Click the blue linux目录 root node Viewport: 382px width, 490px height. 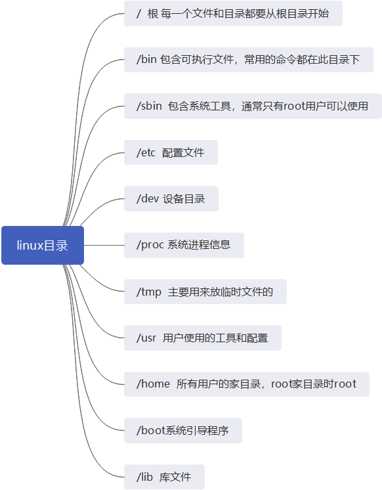(x=43, y=245)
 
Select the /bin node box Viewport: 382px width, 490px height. (x=248, y=60)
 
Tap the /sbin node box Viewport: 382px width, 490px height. (x=253, y=106)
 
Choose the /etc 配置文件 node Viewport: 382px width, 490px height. (x=171, y=152)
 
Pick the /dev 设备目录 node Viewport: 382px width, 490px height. (x=171, y=198)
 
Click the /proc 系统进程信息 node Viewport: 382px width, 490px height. (x=184, y=245)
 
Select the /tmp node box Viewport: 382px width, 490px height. (x=205, y=291)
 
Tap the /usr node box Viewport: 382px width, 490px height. (x=202, y=338)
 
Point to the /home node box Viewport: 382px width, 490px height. (x=246, y=384)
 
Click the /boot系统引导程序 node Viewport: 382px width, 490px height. (x=182, y=430)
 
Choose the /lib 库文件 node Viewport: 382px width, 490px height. (x=164, y=476)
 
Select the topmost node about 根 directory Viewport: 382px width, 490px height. (x=233, y=13)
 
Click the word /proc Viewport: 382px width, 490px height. (x=150, y=245)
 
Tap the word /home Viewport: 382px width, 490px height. (x=153, y=384)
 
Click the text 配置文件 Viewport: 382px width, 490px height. (x=183, y=152)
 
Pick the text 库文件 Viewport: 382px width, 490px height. (x=175, y=476)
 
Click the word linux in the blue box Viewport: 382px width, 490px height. (x=30, y=245)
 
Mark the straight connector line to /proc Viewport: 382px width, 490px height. (x=104, y=245)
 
